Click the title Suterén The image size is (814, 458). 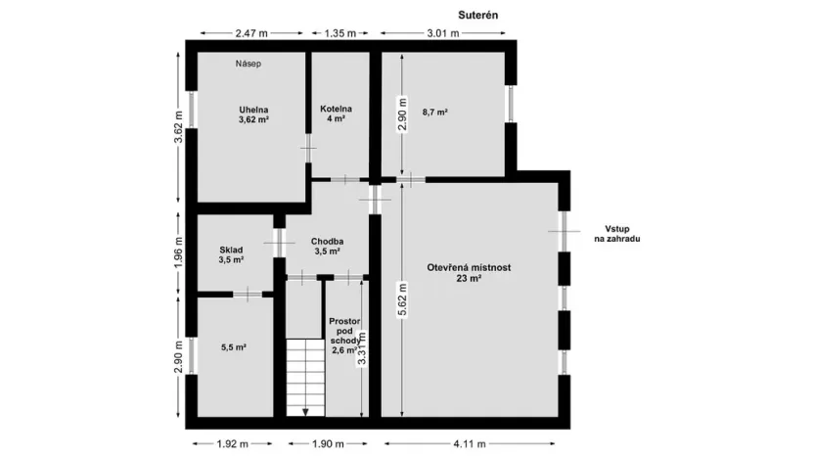click(479, 17)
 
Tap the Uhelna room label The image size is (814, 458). click(253, 114)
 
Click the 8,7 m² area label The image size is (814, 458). click(434, 114)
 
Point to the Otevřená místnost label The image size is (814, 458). click(470, 272)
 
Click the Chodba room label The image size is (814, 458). click(327, 246)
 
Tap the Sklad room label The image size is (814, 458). click(231, 254)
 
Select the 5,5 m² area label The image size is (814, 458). click(233, 346)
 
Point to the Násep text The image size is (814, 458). click(249, 64)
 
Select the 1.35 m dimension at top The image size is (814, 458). click(339, 33)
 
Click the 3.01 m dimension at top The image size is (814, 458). click(441, 33)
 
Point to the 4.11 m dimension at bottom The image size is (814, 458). click(473, 443)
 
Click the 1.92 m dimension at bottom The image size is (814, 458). click(234, 443)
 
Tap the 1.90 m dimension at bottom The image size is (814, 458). click(327, 443)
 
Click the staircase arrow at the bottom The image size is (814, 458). click(305, 411)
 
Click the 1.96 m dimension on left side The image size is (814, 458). click(178, 254)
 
